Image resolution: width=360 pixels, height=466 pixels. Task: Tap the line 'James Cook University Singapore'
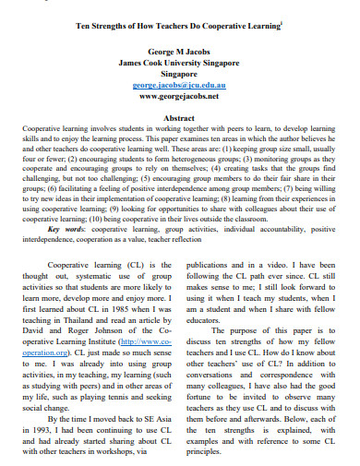tap(179, 62)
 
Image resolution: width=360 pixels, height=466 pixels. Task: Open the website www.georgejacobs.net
tap(179, 95)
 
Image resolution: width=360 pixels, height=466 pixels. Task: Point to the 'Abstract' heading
tap(179, 118)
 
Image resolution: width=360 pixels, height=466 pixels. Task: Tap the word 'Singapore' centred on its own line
tap(179, 73)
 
